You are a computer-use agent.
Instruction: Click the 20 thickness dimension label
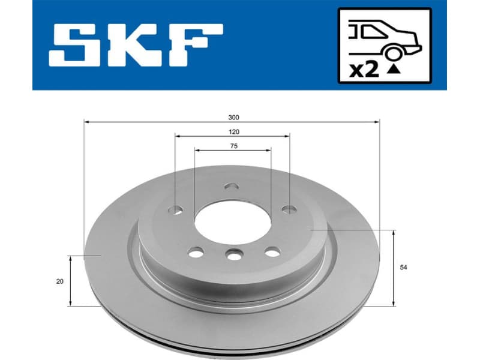coord(59,281)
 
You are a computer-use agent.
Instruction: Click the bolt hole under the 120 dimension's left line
coord(175,209)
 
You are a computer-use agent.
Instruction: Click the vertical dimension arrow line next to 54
coord(393,268)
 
